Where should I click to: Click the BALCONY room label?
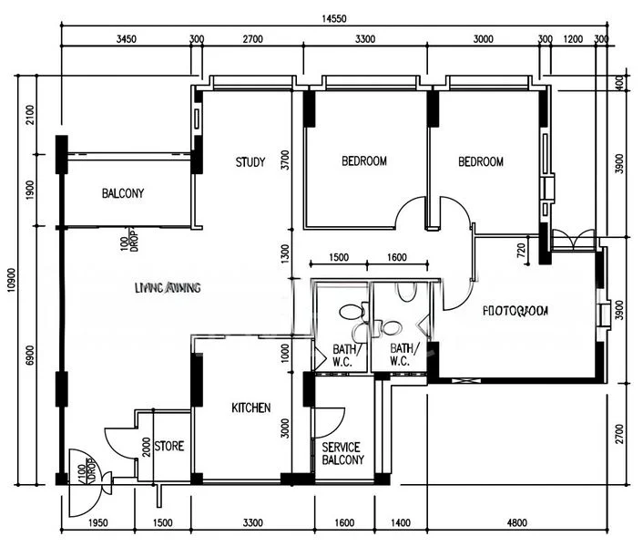123,193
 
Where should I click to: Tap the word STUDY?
250,162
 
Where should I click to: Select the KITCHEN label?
250,408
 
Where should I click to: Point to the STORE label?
169,447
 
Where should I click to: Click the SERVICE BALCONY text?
342,453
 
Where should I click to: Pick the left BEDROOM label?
364,161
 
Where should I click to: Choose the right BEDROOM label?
481,161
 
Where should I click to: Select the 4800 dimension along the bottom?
516,522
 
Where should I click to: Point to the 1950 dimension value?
97,522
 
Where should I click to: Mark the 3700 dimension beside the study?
285,161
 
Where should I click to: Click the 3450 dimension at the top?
126,39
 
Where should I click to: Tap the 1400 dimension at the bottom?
401,522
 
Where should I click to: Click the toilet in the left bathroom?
349,312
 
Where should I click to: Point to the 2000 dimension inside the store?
148,447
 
